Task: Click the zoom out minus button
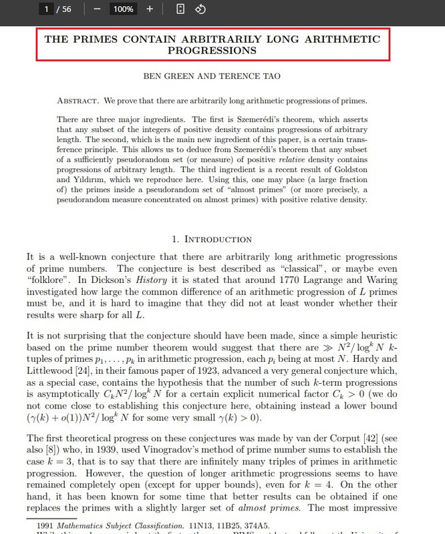pos(98,9)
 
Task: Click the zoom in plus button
pos(150,9)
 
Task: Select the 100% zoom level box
pos(123,9)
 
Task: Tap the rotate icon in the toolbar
pos(199,9)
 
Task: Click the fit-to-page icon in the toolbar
pos(180,9)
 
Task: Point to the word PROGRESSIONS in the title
pos(212,50)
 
